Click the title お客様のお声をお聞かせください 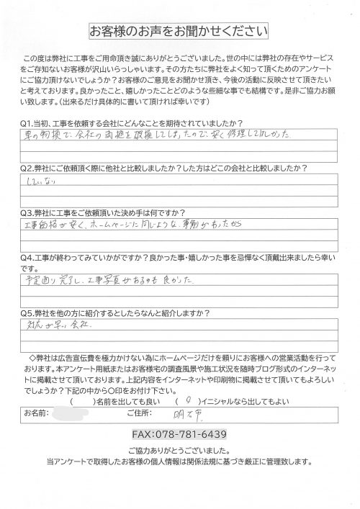[179, 32]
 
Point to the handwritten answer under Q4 [115, 276]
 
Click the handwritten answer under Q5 [55, 327]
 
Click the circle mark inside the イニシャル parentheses [188, 400]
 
